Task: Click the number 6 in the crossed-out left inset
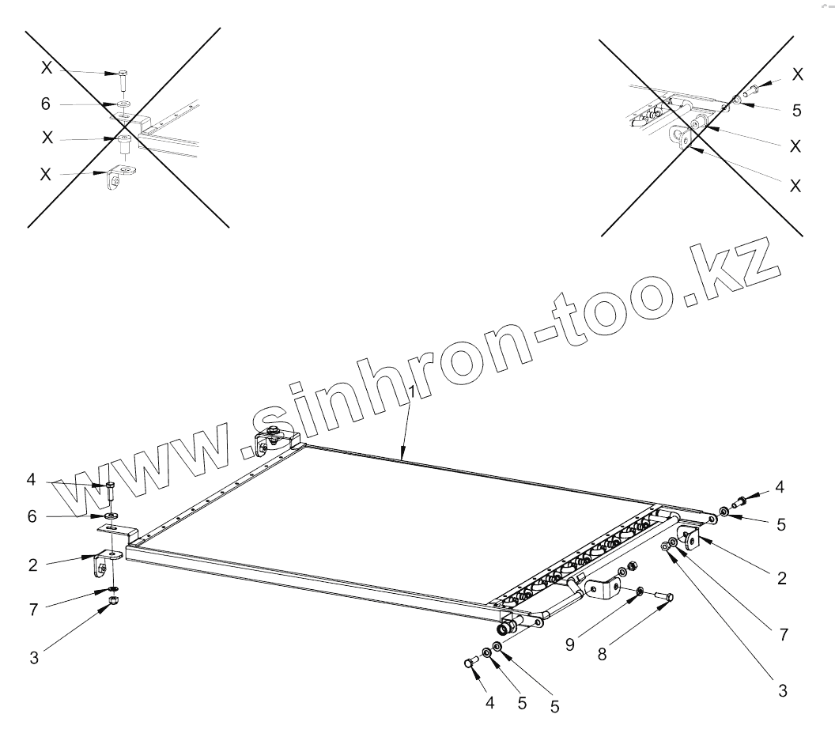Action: (47, 104)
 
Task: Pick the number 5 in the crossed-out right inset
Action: (796, 111)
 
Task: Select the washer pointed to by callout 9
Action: (638, 591)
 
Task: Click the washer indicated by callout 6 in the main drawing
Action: (112, 516)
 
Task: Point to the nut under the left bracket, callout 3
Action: (113, 605)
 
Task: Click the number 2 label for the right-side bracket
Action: (781, 578)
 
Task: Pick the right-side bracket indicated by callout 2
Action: (693, 539)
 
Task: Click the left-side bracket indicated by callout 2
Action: (105, 565)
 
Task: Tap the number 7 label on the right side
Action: (781, 634)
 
